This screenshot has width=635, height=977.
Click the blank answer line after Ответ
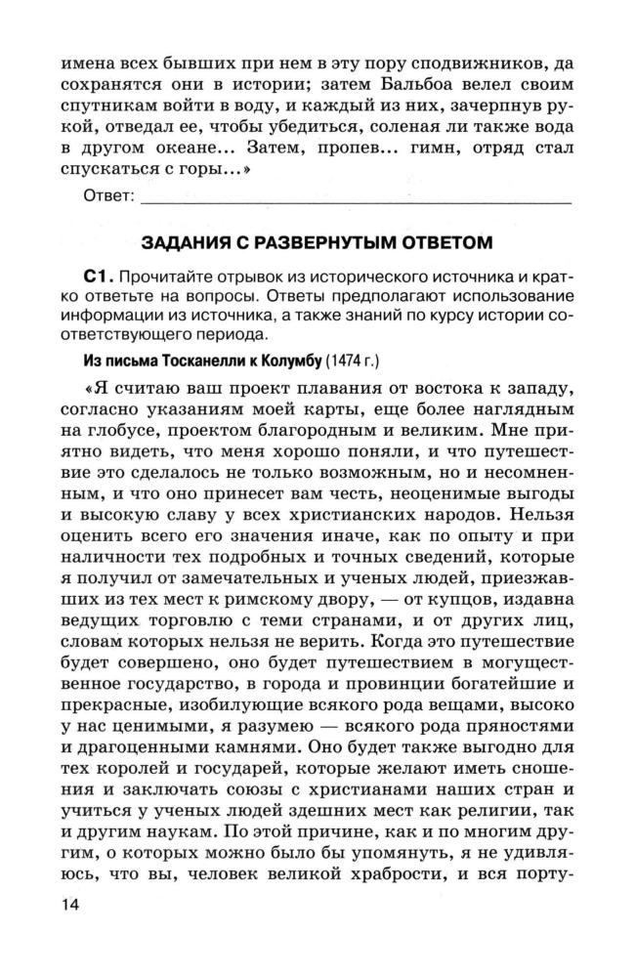[357, 199]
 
